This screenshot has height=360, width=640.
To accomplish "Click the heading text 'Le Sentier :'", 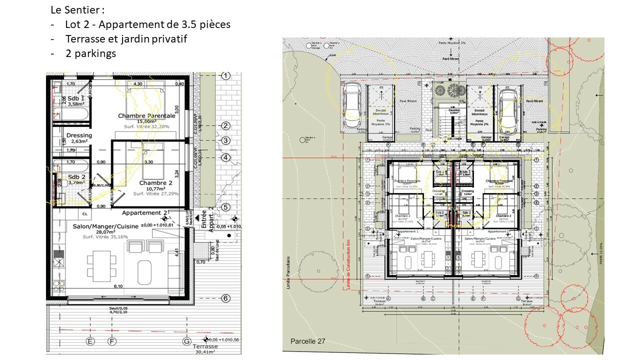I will click(77, 10).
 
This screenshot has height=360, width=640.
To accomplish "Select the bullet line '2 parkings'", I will click(90, 53).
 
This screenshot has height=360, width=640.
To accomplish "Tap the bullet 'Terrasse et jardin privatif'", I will click(125, 38).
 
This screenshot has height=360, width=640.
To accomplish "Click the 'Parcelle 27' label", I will click(307, 341).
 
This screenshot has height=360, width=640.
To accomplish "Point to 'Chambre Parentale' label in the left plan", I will click(146, 115).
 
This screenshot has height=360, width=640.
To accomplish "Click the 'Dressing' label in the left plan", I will click(79, 135).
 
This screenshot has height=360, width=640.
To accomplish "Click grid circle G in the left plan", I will click(186, 341).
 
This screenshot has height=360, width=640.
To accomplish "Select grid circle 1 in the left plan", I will click(225, 76).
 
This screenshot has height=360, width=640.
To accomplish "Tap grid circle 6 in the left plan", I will click(225, 298).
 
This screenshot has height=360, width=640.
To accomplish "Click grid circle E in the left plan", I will click(90, 341).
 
